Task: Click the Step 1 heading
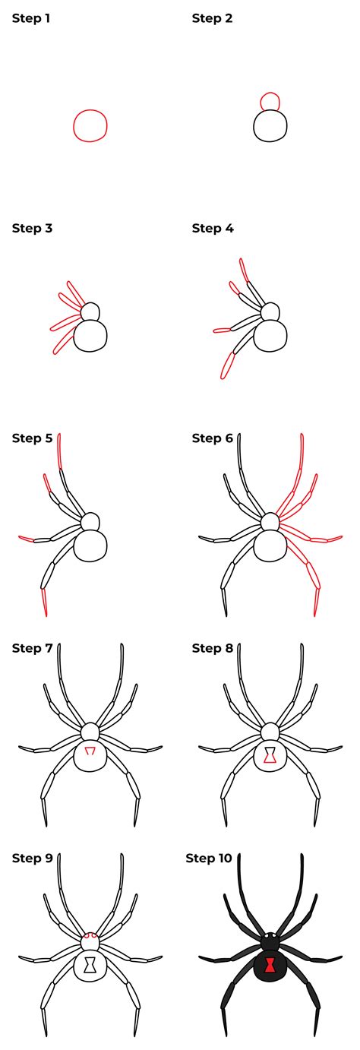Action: coord(31,18)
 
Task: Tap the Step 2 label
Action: coord(212,18)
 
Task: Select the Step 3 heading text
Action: coord(32,228)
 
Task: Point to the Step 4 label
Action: coord(213,228)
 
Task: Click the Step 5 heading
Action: coord(32,438)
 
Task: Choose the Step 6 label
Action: coord(213,438)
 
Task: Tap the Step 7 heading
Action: coord(32,648)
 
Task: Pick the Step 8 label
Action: coord(213,648)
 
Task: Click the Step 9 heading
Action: coord(32,859)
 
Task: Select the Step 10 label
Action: coord(209,859)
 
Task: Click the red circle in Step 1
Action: coord(74,125)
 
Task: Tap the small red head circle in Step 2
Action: coord(270,93)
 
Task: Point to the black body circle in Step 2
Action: coord(254,125)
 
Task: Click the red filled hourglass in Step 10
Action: coord(270,966)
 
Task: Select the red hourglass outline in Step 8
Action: coord(270,756)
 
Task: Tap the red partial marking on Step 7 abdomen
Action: coord(90,751)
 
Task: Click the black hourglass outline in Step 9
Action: coord(90,966)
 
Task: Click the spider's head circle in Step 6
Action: coord(270,522)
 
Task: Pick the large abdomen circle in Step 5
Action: coord(74,546)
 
